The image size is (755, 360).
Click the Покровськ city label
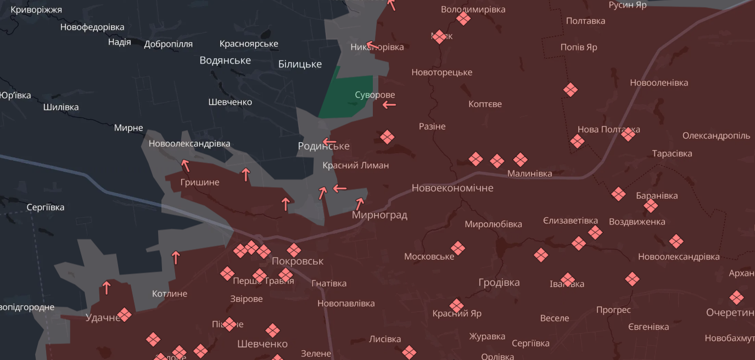point(298,261)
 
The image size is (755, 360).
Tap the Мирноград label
point(379,215)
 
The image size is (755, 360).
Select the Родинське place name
point(323,146)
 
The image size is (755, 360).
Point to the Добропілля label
point(168,44)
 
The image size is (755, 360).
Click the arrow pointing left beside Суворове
point(389,105)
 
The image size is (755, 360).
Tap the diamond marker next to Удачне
point(124,314)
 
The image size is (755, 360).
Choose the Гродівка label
point(499,283)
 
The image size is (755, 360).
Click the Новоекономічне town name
point(452,188)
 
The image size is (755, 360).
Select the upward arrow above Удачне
point(107,286)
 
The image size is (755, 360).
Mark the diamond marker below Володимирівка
point(463,19)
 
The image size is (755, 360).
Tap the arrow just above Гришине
point(185,165)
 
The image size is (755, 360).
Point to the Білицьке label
point(300,64)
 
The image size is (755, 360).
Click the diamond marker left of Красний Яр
point(456,305)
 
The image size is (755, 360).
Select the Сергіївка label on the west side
point(46,207)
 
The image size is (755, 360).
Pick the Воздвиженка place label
point(637,222)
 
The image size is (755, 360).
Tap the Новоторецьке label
point(441,72)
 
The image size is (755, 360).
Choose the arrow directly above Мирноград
point(360,204)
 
